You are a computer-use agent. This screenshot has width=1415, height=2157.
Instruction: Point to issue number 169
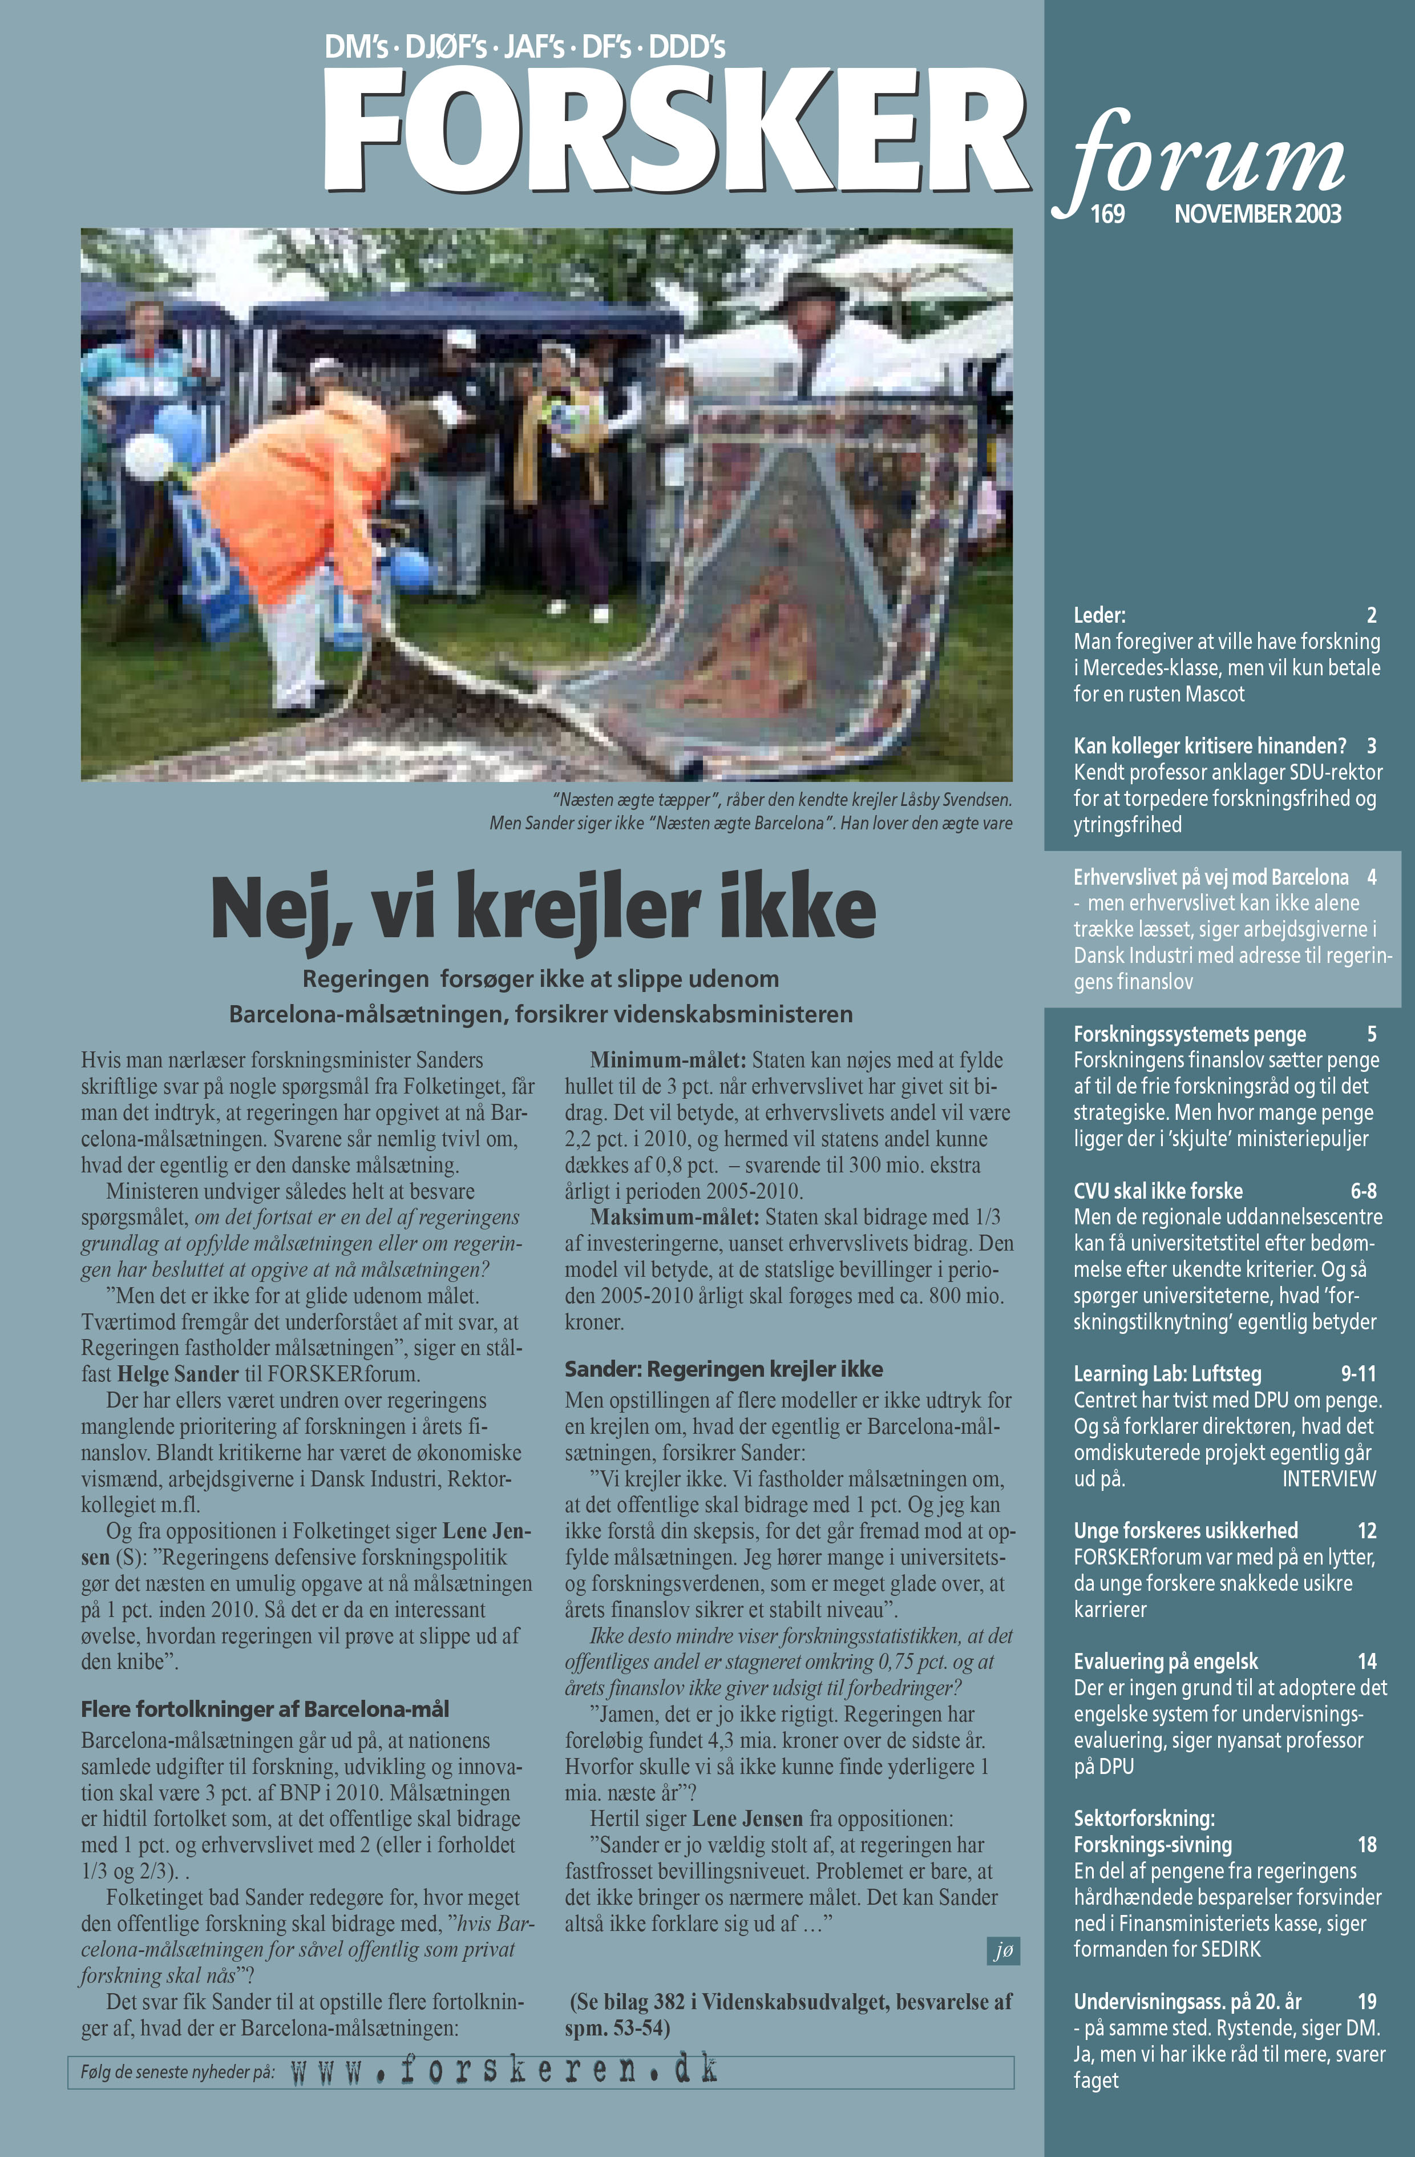[1107, 214]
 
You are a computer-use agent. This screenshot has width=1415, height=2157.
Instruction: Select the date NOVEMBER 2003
[1258, 214]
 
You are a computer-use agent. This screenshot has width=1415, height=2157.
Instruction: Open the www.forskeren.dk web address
[504, 2070]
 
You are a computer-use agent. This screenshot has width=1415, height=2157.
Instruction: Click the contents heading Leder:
[1099, 615]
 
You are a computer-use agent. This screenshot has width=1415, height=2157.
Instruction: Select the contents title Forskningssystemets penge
[1190, 1034]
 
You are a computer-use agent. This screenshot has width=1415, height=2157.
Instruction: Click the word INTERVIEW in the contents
[1328, 1478]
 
